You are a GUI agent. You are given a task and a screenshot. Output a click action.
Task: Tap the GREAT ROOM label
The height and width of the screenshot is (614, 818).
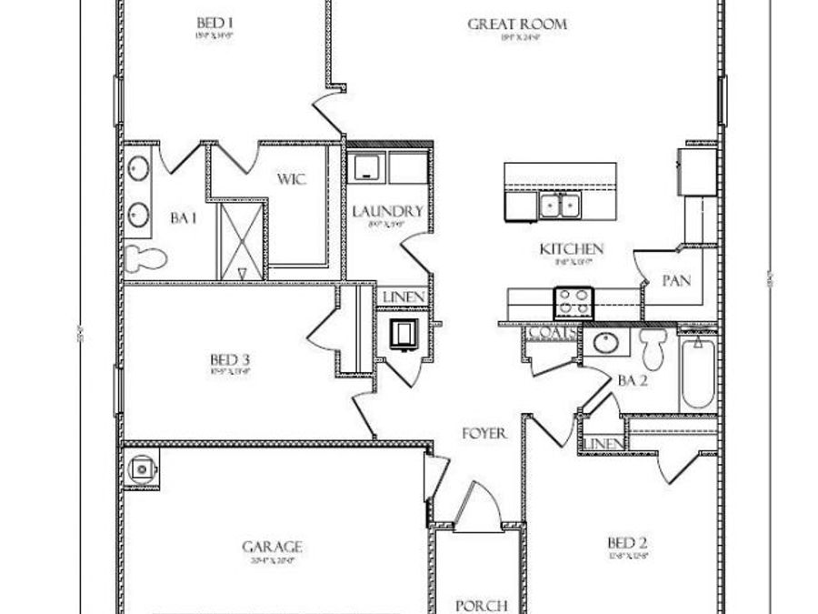click(x=517, y=24)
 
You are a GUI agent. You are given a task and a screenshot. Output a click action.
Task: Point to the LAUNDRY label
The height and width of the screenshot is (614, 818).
click(x=388, y=212)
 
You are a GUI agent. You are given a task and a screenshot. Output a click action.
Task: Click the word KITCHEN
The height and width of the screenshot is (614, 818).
click(x=572, y=248)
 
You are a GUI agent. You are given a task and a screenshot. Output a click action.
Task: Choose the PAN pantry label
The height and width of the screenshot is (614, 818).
click(x=676, y=281)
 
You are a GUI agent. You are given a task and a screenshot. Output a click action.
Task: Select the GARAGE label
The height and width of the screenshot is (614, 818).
click(x=271, y=547)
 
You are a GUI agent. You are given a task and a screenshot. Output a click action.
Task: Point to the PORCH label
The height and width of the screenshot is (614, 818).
click(x=480, y=605)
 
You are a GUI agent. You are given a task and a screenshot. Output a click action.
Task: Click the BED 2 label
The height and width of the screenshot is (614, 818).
click(x=627, y=544)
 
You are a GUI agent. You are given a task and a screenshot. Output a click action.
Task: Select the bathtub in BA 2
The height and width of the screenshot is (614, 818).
click(x=699, y=374)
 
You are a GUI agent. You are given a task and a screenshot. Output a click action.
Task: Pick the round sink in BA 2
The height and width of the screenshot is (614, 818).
click(x=604, y=344)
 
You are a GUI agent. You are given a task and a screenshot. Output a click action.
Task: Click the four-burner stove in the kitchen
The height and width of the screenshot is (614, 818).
click(x=574, y=299)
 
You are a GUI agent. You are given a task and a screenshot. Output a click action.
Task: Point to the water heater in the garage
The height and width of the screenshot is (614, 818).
click(x=143, y=468)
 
